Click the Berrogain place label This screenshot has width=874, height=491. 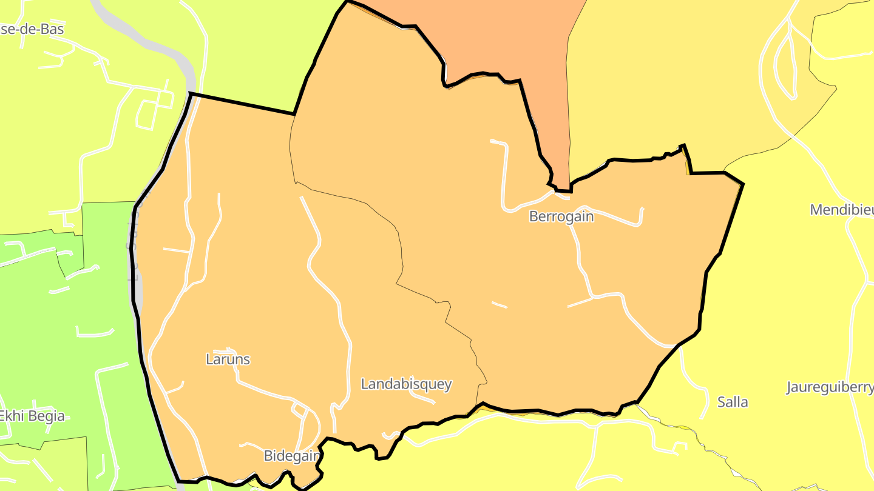coord(561,216)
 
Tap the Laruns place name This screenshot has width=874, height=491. coord(228,359)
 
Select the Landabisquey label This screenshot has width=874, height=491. coord(406,384)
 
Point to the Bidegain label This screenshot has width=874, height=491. coord(291,456)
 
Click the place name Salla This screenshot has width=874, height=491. coord(733,402)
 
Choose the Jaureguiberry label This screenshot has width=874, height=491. coord(830,387)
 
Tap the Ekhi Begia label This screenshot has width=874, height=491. coord(32,416)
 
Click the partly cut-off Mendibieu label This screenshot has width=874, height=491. coord(842,210)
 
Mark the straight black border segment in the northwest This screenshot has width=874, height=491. coord(243,104)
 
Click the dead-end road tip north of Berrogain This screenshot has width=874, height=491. coord(492,142)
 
